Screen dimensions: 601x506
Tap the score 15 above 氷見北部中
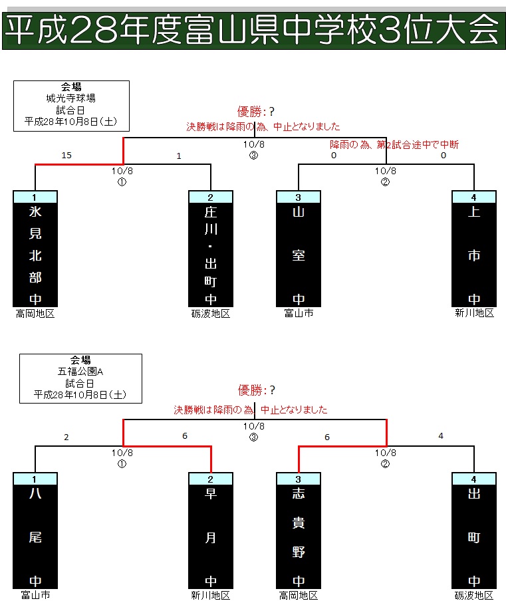[66, 156]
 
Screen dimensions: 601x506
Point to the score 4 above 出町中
[441, 437]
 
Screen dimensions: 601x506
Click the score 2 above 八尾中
[66, 437]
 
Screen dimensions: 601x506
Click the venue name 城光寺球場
[71, 98]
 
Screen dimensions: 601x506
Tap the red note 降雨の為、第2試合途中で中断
[394, 144]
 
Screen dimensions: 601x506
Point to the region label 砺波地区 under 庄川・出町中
[211, 313]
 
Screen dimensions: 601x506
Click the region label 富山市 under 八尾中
[35, 595]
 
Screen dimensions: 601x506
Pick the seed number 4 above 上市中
[474, 197]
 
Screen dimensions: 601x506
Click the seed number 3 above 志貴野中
[299, 478]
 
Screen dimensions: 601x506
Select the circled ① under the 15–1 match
[122, 181]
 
